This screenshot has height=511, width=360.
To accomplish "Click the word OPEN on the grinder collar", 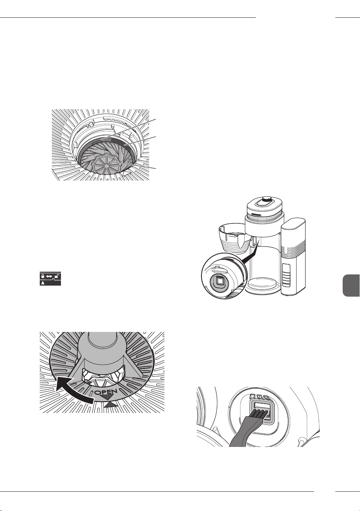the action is click(x=106, y=392).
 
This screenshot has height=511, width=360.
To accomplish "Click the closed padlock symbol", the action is click(x=42, y=276).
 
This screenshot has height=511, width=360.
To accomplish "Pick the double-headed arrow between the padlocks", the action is click(x=49, y=276).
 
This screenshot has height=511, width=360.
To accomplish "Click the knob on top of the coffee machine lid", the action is click(x=265, y=199).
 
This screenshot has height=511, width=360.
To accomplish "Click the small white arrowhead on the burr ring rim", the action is click(x=124, y=174).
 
